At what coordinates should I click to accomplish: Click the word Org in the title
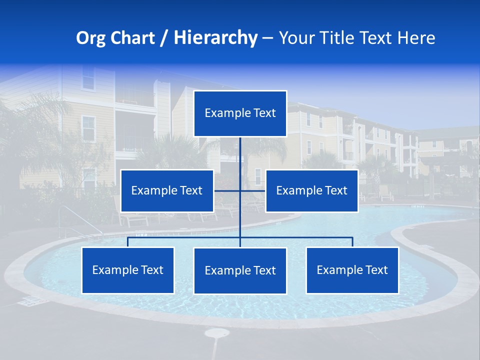click(90, 38)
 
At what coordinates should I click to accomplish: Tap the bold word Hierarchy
click(215, 38)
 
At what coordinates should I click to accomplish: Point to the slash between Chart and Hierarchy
click(164, 38)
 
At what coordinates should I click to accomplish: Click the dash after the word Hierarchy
click(267, 38)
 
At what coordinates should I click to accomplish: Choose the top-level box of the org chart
click(240, 113)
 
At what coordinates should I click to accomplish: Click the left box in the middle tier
click(167, 190)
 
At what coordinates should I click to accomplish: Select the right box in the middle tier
click(311, 190)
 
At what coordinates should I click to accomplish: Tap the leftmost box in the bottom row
click(128, 270)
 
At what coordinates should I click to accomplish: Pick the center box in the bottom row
click(240, 270)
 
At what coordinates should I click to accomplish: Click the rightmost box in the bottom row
click(352, 270)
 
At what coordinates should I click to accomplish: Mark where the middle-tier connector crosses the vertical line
click(240, 190)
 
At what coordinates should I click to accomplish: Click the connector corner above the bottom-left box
click(128, 238)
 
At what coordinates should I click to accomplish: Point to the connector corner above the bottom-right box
click(352, 238)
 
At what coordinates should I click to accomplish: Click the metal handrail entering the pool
click(80, 220)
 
